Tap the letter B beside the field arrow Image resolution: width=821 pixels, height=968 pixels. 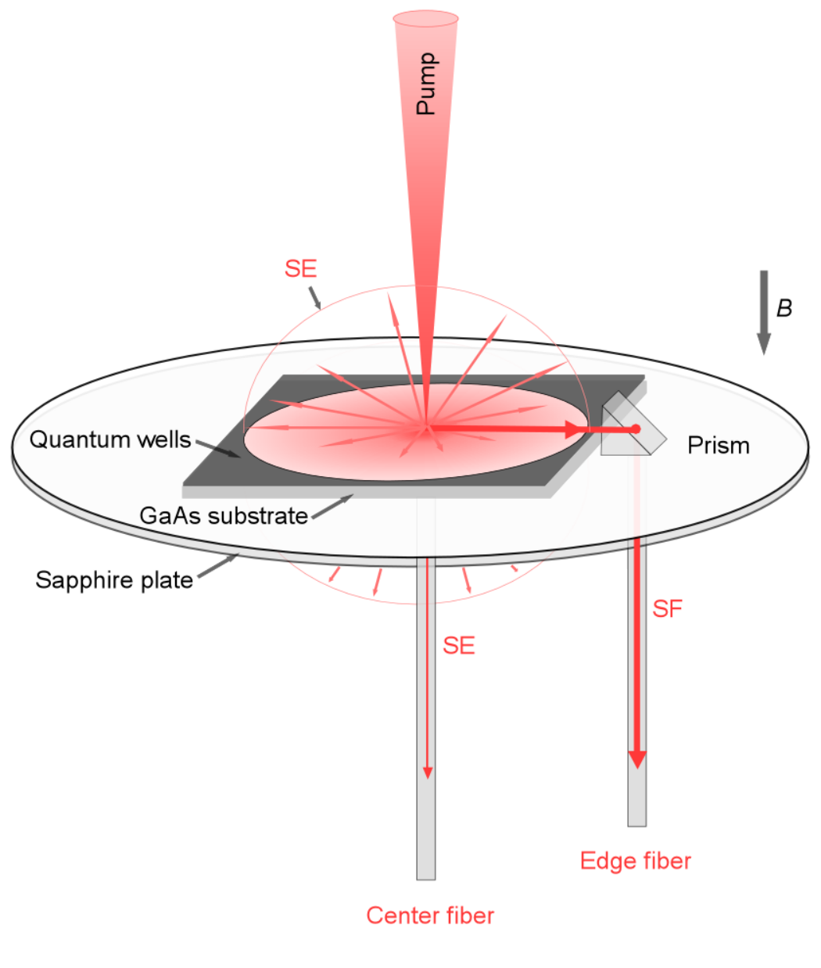point(784,308)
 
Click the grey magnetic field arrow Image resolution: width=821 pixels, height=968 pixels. point(764,312)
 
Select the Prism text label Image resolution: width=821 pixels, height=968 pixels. point(719,446)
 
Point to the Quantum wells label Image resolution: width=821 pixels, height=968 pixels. point(110,439)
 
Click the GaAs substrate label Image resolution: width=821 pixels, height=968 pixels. point(224,515)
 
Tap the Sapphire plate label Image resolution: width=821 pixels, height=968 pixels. point(114,579)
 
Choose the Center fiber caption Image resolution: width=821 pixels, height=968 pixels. point(430,916)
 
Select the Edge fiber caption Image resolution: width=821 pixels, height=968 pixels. point(636,861)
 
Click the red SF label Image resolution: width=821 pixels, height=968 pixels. point(667,609)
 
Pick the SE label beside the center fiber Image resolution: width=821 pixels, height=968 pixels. point(459,645)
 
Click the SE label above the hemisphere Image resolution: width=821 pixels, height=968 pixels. point(301,268)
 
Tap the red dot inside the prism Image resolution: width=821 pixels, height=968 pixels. point(636,428)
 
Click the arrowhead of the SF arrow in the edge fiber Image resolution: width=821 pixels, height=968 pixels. point(637,759)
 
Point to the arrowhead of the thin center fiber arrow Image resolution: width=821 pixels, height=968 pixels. point(427,773)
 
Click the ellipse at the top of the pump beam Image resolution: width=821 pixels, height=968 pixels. point(425,19)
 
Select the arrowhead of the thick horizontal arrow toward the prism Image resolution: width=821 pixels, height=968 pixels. point(574,428)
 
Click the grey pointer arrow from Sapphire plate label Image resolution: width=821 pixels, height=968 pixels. point(218,565)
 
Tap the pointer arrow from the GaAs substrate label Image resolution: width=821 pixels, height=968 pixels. point(332,506)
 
